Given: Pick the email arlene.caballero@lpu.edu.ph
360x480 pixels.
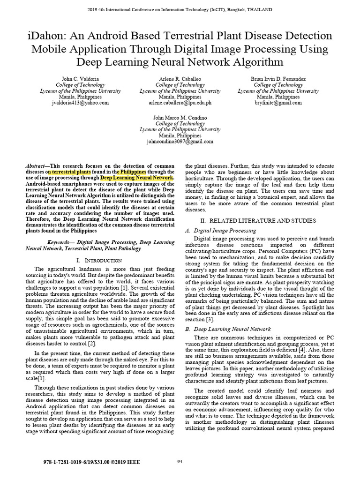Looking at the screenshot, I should (x=180, y=102).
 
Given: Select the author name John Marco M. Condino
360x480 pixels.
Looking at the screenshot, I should (x=180, y=117).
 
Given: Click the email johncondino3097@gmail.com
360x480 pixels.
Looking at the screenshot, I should (x=180, y=141).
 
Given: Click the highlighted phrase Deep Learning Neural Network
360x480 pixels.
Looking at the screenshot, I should (x=137, y=178).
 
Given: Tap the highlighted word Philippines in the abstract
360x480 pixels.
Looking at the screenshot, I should (x=133, y=172).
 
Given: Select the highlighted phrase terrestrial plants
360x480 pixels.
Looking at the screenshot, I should (x=70, y=172).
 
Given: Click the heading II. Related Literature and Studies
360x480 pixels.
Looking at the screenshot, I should (x=259, y=220).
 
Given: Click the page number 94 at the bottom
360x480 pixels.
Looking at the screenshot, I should (x=180, y=462).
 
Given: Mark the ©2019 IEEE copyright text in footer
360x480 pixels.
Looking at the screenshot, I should (x=129, y=462).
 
